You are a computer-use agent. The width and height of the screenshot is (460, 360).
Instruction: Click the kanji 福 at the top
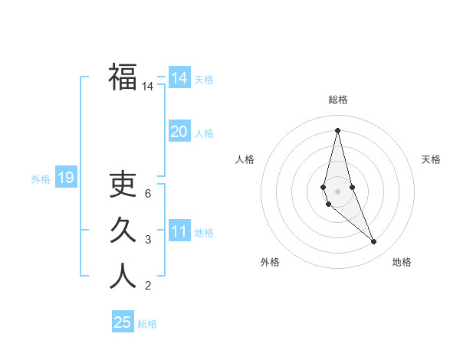click(123, 77)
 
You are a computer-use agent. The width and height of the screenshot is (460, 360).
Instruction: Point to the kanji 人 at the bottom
click(123, 276)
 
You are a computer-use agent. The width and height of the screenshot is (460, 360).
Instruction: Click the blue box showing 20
click(179, 132)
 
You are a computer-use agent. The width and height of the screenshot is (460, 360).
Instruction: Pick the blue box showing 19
click(65, 178)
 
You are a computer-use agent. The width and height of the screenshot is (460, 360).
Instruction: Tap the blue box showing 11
click(179, 232)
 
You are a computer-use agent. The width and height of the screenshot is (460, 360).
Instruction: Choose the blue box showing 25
click(123, 322)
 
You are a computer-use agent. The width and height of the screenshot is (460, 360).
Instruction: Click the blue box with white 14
click(179, 78)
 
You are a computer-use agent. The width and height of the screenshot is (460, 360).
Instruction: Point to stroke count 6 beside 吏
click(147, 194)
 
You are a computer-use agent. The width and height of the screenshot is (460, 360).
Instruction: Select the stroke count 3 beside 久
click(147, 240)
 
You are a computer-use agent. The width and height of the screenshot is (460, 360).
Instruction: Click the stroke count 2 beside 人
click(147, 286)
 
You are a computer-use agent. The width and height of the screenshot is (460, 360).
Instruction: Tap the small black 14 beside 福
click(147, 87)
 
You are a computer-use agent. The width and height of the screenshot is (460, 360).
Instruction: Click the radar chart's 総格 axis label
click(337, 100)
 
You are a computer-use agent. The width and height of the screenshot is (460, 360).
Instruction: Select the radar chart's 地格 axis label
click(402, 262)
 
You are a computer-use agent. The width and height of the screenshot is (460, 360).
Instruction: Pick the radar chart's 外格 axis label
click(270, 262)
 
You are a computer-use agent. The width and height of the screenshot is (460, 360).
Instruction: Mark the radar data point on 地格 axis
click(374, 242)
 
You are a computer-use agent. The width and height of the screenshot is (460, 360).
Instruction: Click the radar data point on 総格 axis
click(337, 129)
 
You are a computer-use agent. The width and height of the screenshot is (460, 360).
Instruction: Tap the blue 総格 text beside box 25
click(147, 324)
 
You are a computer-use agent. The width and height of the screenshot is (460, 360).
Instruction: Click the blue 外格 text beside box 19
click(41, 179)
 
